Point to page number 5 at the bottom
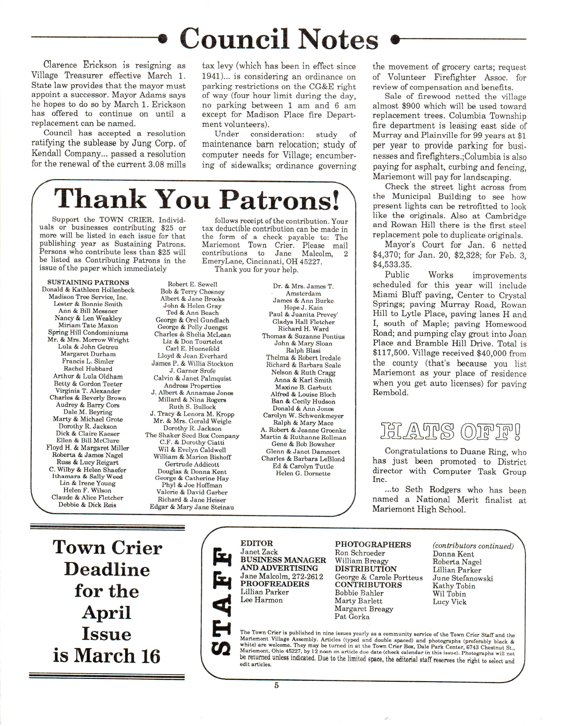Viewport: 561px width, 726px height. click(x=277, y=685)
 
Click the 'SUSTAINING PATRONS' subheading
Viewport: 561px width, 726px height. click(x=88, y=282)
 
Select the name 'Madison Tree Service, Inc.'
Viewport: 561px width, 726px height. click(x=88, y=297)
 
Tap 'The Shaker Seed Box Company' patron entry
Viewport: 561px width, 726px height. click(x=192, y=435)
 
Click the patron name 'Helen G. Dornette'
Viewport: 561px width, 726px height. click(x=303, y=473)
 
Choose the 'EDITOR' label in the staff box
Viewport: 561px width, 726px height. click(x=257, y=543)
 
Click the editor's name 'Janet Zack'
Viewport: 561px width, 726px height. click(x=259, y=552)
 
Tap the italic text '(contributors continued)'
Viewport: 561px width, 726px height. click(x=473, y=546)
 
